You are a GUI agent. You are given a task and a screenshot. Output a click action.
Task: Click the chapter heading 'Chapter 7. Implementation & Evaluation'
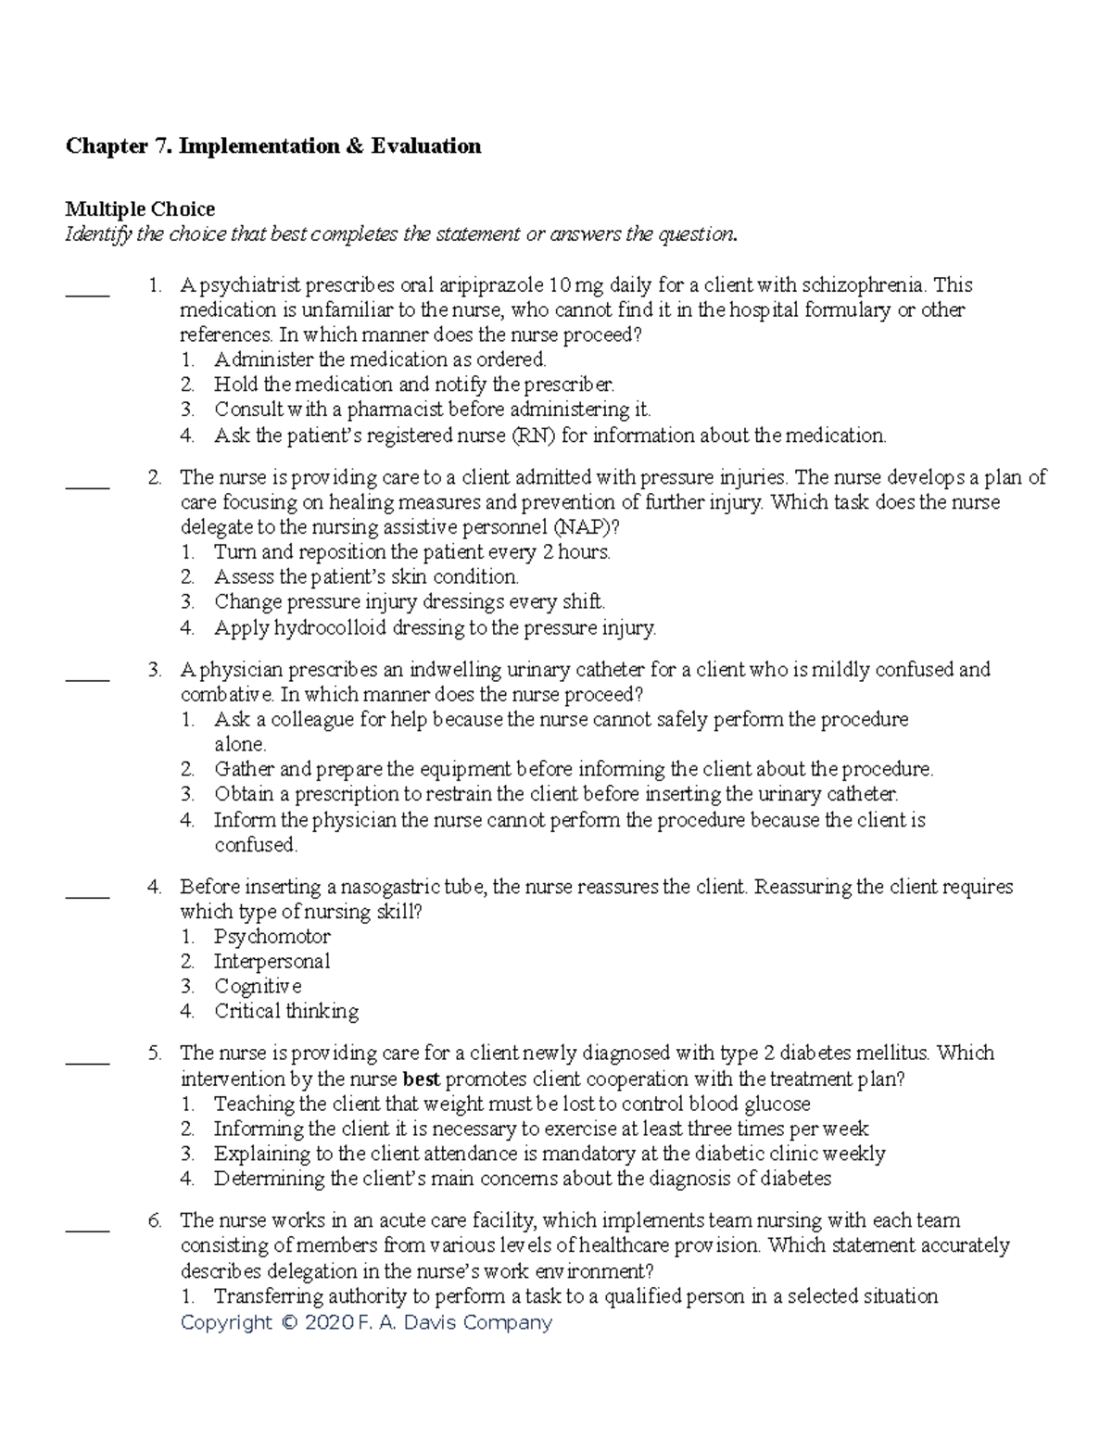point(272,146)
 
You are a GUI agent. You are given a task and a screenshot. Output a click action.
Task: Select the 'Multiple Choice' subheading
point(139,209)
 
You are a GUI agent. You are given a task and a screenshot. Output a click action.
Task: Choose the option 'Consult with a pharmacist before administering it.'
point(432,410)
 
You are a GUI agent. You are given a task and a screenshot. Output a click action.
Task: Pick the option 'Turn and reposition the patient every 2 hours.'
point(411,552)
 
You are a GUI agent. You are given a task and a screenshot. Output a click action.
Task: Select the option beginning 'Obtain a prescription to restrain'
point(556,794)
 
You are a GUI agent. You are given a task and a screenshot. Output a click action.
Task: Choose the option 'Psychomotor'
point(272,937)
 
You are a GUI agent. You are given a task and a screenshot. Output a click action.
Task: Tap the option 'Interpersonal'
point(272,962)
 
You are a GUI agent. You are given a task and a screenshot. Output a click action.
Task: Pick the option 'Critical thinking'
point(286,1012)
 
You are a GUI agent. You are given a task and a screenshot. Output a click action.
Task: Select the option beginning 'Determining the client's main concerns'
point(522,1179)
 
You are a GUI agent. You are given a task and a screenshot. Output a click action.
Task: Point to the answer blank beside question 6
point(87,1227)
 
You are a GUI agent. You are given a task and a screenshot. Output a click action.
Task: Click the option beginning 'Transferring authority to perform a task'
point(575,1296)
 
